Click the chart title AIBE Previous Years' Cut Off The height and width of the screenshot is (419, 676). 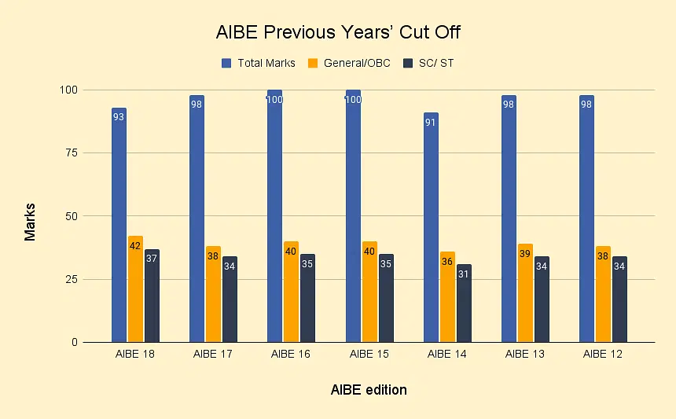[x=338, y=34]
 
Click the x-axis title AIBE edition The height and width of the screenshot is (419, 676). [x=369, y=390]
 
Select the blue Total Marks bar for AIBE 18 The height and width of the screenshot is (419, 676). [x=119, y=228]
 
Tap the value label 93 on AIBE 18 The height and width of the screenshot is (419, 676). [x=119, y=117]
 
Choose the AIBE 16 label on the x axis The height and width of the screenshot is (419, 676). [x=291, y=355]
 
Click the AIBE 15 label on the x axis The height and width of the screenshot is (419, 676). [x=369, y=355]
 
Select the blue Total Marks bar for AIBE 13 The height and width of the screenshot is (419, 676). [x=509, y=220]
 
